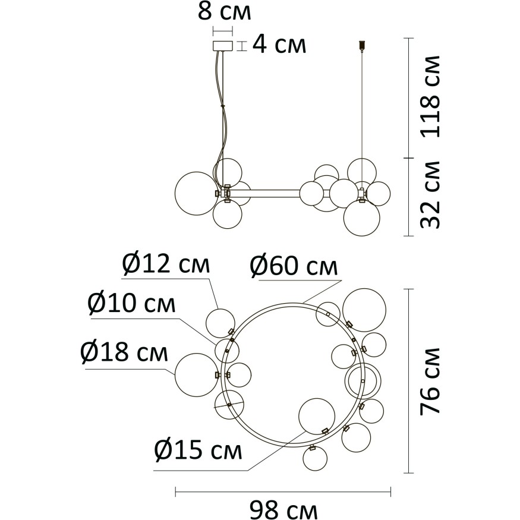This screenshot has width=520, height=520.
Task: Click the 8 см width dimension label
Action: point(225,12)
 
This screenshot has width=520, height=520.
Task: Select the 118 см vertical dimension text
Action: point(430,96)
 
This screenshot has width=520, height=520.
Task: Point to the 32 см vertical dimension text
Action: point(430,195)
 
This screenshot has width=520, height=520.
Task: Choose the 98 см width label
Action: point(283,510)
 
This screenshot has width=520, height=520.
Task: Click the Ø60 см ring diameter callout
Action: point(294,267)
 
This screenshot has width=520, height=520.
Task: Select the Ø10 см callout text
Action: point(131,304)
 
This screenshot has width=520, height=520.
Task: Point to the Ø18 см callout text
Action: point(124,352)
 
